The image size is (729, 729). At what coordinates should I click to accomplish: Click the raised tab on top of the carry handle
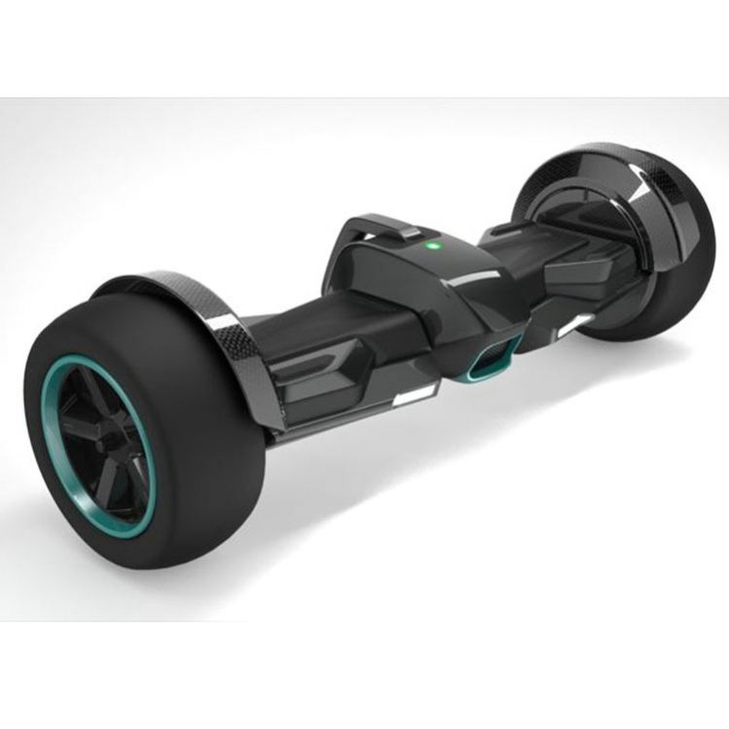pos(410,234)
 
